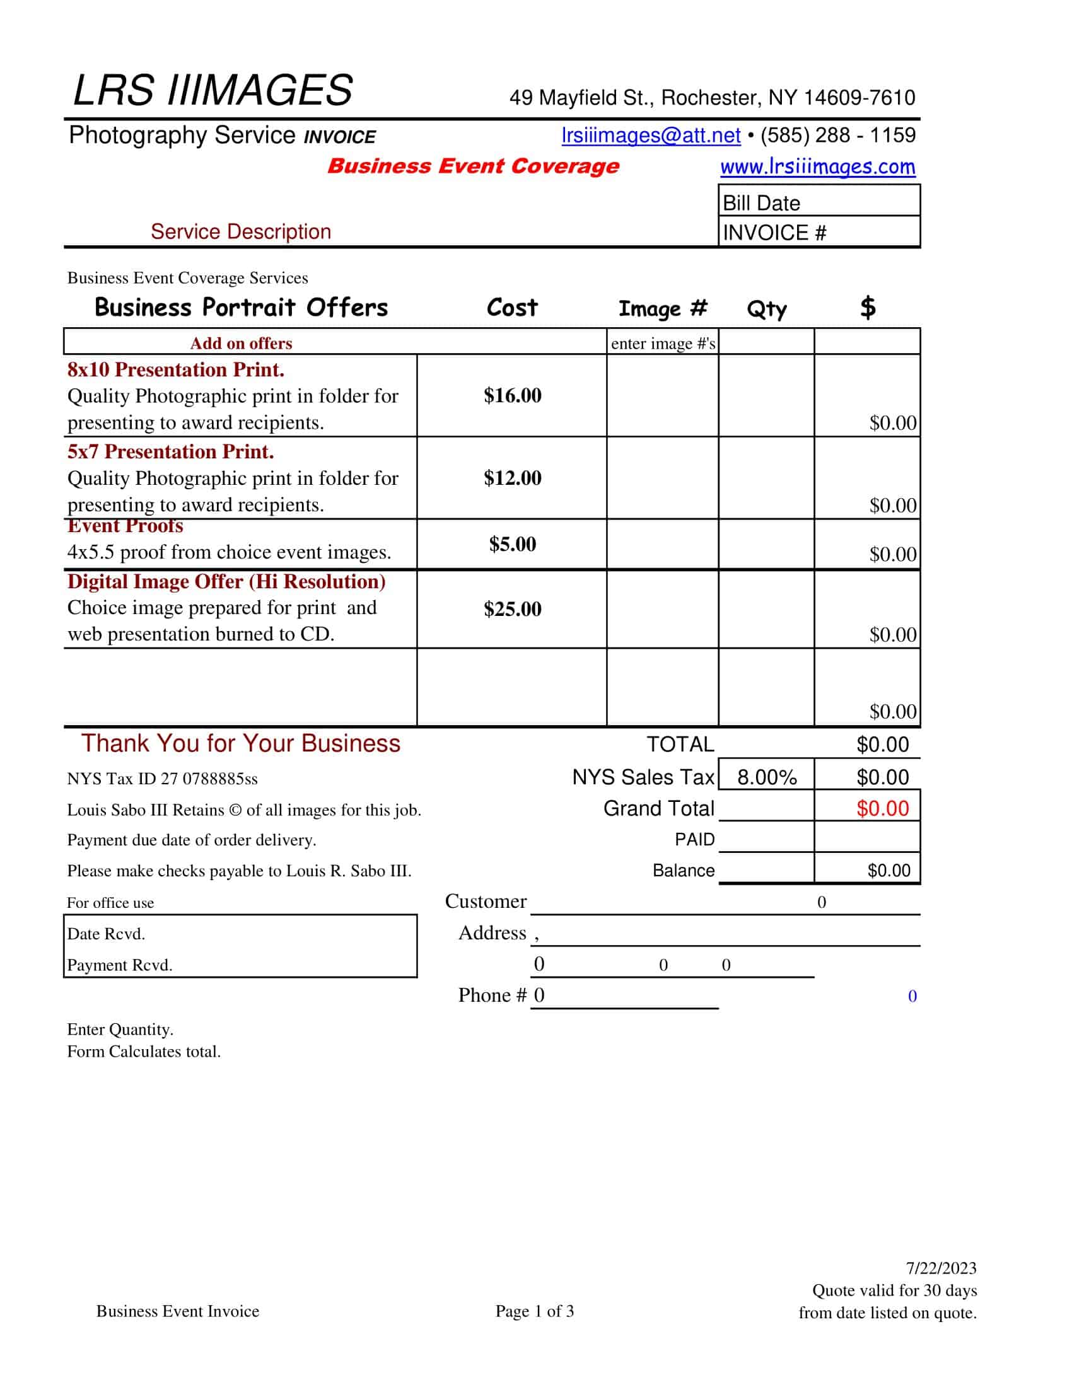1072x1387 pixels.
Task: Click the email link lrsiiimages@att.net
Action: pos(650,136)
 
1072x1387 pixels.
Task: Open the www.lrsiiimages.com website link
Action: pos(817,166)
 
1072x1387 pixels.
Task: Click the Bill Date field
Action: pos(819,202)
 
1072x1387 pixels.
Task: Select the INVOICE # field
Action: pos(819,233)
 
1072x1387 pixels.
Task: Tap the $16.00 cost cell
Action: pos(512,395)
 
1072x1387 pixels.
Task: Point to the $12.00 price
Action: pos(512,478)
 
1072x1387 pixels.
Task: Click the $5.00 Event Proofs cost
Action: pos(512,543)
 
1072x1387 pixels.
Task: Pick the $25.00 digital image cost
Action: pos(512,609)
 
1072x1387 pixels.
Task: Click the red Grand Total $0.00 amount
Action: pos(882,808)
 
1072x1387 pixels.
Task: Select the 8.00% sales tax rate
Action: pos(767,777)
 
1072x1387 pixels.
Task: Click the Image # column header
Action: pos(662,309)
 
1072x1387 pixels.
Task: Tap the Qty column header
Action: pos(767,310)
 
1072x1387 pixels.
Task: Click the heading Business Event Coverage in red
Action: pos(472,166)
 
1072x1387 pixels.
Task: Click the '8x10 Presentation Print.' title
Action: pos(176,369)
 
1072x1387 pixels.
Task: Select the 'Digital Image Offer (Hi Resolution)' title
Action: pos(226,581)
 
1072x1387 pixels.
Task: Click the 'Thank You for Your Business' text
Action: pos(241,743)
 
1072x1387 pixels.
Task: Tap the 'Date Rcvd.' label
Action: pos(106,934)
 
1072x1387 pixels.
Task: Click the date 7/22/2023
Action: pos(941,1268)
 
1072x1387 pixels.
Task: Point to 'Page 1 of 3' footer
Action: pos(535,1311)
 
